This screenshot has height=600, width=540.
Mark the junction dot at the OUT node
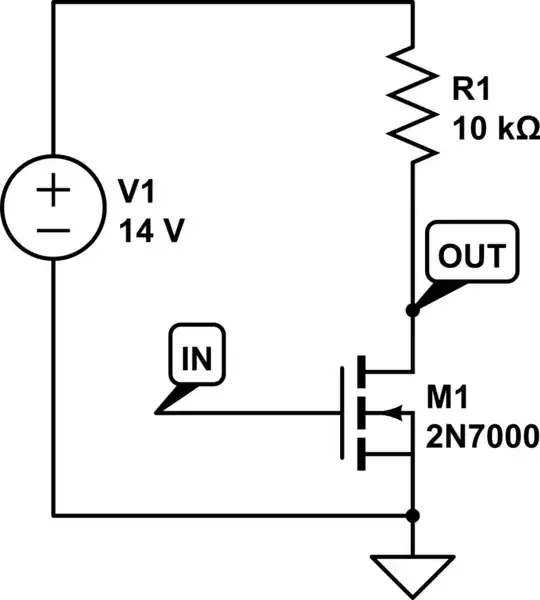coord(413,311)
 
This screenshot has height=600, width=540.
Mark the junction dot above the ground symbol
coord(413,516)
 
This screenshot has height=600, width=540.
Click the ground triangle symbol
coord(413,570)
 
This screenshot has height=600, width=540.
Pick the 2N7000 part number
coord(484,437)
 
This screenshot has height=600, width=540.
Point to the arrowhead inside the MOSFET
coord(391,411)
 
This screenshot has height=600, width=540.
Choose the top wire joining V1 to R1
coord(230,3)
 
